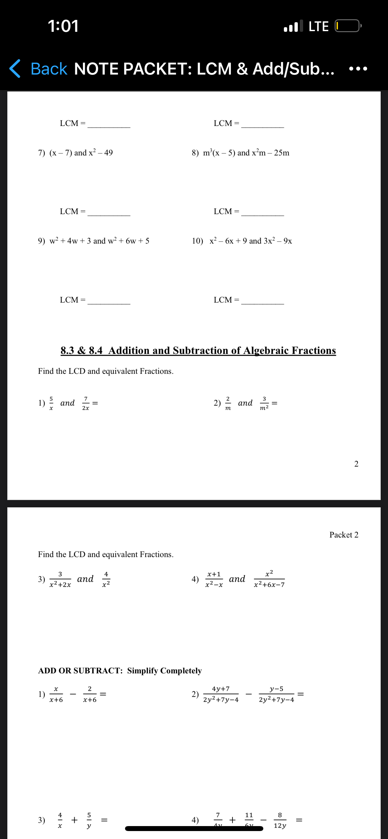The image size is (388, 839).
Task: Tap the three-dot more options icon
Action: [358, 69]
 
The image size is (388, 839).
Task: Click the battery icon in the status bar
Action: [348, 26]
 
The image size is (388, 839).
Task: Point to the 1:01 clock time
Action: [63, 26]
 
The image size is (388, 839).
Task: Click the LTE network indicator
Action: [318, 26]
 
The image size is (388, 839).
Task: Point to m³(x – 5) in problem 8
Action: [219, 153]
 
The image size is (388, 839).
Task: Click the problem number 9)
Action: [41, 241]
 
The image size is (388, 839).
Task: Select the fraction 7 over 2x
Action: [86, 403]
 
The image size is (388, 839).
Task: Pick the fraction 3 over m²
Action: [264, 403]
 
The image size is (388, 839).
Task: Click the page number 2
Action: [356, 464]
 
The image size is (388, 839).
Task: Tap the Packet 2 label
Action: [344, 535]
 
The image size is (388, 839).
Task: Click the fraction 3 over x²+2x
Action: [60, 579]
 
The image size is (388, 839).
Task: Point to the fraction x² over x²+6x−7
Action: [269, 579]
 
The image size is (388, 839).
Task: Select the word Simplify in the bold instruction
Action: [143, 671]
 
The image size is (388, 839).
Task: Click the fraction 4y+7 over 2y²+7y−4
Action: [221, 694]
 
